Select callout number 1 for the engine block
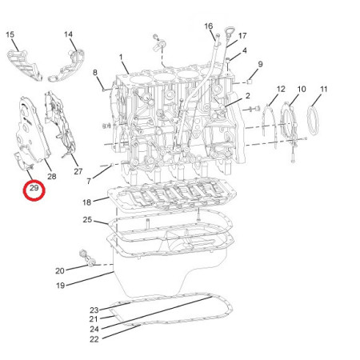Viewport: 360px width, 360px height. pyautogui.click(x=121, y=57)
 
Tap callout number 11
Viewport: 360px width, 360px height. pyautogui.click(x=323, y=89)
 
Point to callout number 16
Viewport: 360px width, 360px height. pyautogui.click(x=209, y=26)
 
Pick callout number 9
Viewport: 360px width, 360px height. pyautogui.click(x=260, y=64)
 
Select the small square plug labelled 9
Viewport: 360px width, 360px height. pyautogui.click(x=250, y=82)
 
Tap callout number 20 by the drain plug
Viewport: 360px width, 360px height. pyautogui.click(x=60, y=270)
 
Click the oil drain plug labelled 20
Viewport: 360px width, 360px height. pyautogui.click(x=91, y=263)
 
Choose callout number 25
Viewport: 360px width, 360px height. pyautogui.click(x=87, y=220)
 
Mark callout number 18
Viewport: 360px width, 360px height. pyautogui.click(x=86, y=202)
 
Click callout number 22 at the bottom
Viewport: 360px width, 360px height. pyautogui.click(x=94, y=339)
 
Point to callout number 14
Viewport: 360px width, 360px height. pyautogui.click(x=68, y=34)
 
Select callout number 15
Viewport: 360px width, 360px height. pyautogui.click(x=10, y=34)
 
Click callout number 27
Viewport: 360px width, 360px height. pyautogui.click(x=78, y=171)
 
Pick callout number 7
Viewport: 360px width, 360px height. pyautogui.click(x=89, y=181)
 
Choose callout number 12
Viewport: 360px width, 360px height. pyautogui.click(x=281, y=89)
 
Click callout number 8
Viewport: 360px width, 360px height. pyautogui.click(x=95, y=72)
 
